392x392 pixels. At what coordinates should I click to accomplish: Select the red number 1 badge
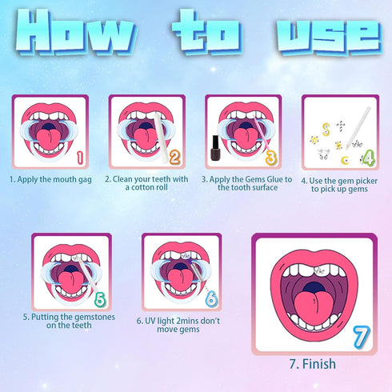tap(79, 157)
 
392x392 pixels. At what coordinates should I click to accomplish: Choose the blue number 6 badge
tap(211, 299)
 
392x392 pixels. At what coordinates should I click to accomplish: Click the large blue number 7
tap(362, 336)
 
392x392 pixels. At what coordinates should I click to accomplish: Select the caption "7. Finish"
tap(312, 364)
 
